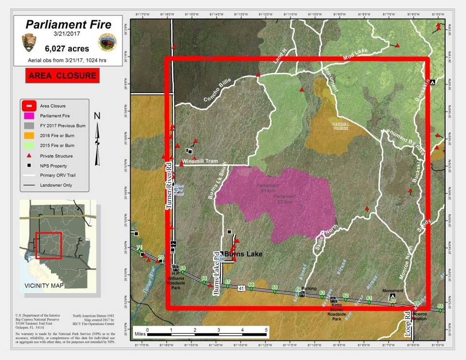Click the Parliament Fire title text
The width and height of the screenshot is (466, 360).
pos(68,24)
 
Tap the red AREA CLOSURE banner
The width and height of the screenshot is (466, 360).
pos(62,76)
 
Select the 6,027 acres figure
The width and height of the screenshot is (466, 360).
pos(65,49)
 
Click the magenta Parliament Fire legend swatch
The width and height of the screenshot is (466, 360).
pos(30,116)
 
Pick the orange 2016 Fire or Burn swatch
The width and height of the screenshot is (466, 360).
pos(30,136)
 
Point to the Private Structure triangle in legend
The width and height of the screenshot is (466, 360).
pos(30,156)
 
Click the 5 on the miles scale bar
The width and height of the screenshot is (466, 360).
pos(266,330)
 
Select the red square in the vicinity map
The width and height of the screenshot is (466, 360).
pos(48,245)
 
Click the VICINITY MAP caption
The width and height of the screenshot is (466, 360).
pos(44,286)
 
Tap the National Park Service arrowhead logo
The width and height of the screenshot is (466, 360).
pos(28,43)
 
